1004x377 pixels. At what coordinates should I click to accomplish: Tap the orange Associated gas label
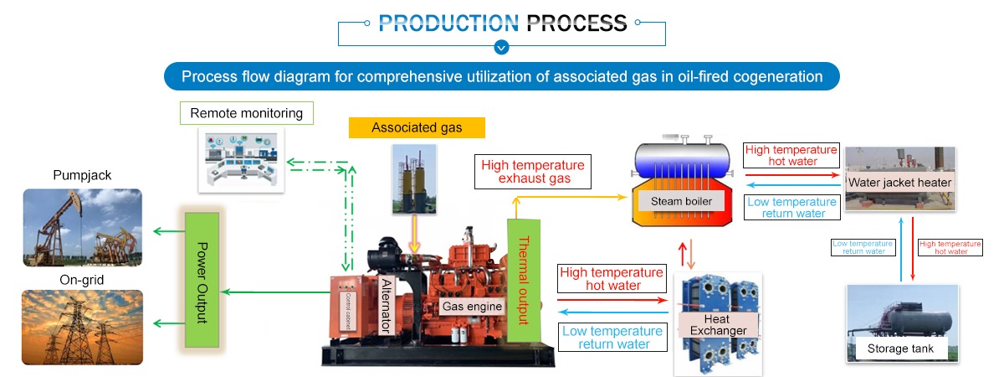tap(417, 127)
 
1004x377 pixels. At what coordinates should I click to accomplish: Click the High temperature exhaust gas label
tap(533, 172)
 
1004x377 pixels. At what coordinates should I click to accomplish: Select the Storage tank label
tap(900, 348)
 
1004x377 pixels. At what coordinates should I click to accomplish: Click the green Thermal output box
tap(524, 281)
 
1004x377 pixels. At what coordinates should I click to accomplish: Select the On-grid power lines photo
tap(82, 328)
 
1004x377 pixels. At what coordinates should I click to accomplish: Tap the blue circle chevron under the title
tap(501, 47)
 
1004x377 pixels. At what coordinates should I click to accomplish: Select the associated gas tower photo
tap(415, 179)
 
